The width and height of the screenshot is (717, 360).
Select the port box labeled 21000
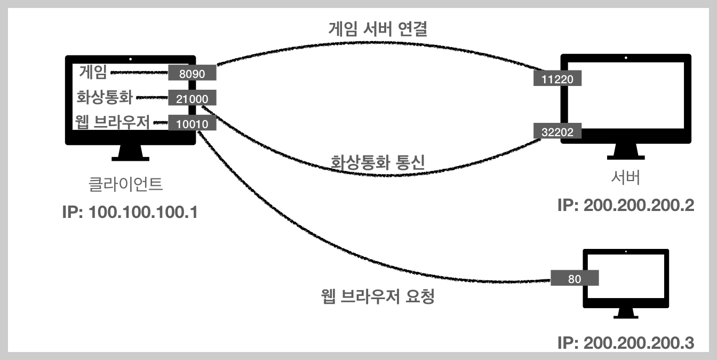(192, 98)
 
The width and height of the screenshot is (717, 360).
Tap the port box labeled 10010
(192, 123)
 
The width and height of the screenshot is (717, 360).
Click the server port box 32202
(557, 132)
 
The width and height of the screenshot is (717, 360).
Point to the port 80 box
(575, 278)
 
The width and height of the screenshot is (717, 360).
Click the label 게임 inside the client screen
(93, 72)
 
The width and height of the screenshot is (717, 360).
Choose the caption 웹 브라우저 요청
(378, 295)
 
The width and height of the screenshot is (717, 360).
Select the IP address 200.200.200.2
(625, 206)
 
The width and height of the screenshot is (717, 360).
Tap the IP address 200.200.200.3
(625, 342)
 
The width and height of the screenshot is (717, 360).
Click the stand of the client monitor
(131, 153)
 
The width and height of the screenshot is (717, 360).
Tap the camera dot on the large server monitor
(626, 58)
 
